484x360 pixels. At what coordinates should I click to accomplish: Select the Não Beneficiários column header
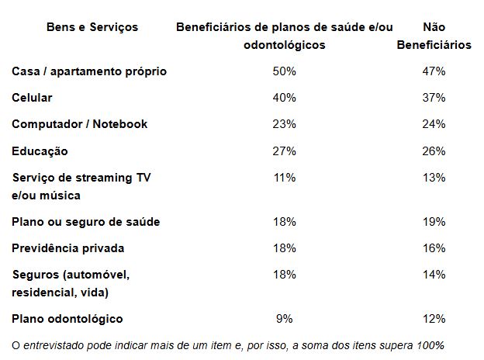pyautogui.click(x=434, y=36)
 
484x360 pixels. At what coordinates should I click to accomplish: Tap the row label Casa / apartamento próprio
pyautogui.click(x=89, y=71)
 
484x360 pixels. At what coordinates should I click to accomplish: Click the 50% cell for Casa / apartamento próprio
pyautogui.click(x=285, y=71)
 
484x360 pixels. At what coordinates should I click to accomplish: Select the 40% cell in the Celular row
pyautogui.click(x=285, y=98)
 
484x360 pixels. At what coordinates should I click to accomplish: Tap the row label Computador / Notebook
pyautogui.click(x=79, y=124)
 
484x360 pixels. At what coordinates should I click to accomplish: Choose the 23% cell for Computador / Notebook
pyautogui.click(x=285, y=124)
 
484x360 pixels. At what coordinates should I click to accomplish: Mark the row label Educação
pyautogui.click(x=40, y=151)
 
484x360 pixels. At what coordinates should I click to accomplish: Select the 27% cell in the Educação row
pyautogui.click(x=285, y=151)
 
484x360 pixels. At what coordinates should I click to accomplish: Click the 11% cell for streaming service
pyautogui.click(x=285, y=178)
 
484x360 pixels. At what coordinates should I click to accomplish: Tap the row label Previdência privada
pyautogui.click(x=68, y=248)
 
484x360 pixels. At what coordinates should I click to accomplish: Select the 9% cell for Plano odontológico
pyautogui.click(x=285, y=319)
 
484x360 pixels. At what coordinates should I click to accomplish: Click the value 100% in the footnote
pyautogui.click(x=430, y=344)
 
